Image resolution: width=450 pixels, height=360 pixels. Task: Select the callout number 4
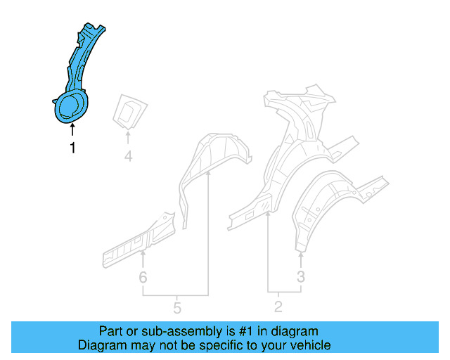(x=128, y=156)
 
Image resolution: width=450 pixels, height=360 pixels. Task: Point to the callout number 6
(x=143, y=278)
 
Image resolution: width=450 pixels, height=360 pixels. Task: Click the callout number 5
(x=176, y=307)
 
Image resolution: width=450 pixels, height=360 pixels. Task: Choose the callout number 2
(x=278, y=306)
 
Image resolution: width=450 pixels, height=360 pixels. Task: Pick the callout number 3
(x=301, y=277)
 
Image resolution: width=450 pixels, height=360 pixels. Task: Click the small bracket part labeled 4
(x=129, y=110)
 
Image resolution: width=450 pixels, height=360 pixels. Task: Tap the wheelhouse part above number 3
(x=330, y=204)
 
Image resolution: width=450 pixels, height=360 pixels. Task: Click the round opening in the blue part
(x=70, y=107)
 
